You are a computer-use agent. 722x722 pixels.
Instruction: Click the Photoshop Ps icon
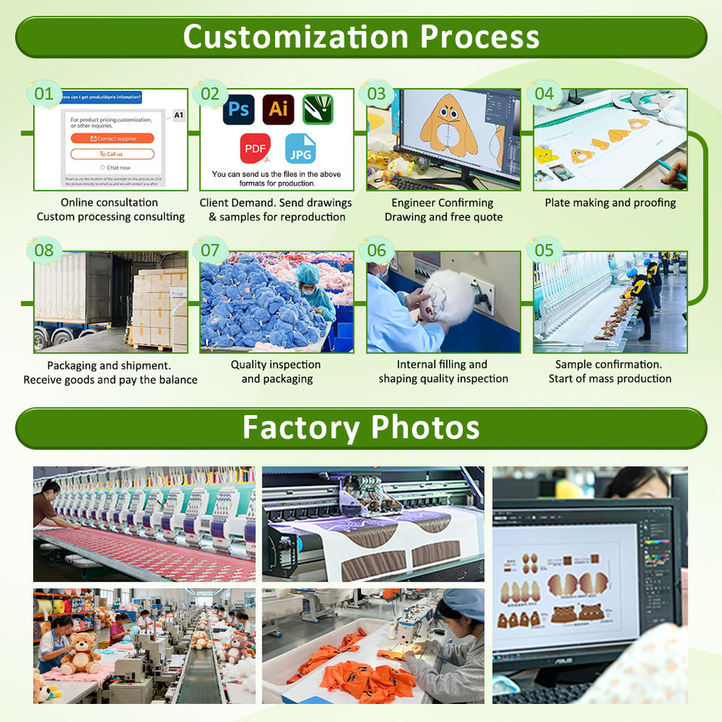pos(238,110)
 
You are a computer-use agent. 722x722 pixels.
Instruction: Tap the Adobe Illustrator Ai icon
pos(278,110)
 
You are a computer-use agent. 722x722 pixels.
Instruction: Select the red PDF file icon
pos(256,148)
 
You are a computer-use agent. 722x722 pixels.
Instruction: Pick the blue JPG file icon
pos(300,148)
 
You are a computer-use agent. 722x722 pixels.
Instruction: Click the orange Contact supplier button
pos(112,138)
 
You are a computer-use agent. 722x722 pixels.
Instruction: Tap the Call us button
pos(112,153)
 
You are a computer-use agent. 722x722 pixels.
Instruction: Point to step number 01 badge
pos(44,94)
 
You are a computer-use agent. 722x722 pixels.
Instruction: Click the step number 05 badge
pos(544,250)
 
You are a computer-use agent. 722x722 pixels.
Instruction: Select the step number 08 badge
pos(44,250)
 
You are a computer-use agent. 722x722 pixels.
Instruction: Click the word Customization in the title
pos(296,36)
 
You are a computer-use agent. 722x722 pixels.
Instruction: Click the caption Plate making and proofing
pos(610,202)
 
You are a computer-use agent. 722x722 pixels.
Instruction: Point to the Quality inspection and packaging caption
pos(276,372)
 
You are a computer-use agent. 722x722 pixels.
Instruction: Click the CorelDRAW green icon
pos(317,110)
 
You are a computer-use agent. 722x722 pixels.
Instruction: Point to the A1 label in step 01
pos(178,115)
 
